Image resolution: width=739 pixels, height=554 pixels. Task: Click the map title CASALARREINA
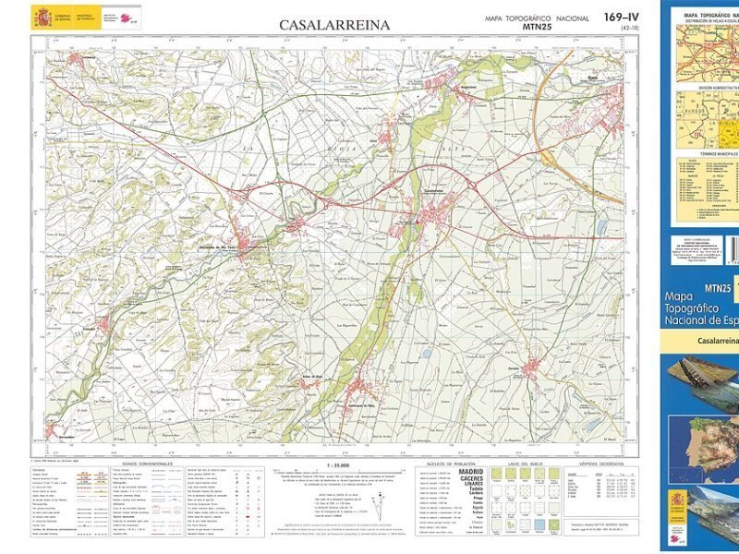334,25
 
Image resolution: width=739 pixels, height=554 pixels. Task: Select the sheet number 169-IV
621,18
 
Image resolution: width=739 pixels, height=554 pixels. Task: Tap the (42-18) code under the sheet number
629,29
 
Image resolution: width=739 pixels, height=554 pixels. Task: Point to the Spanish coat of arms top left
42,18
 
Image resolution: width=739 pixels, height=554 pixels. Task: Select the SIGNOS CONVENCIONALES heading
148,464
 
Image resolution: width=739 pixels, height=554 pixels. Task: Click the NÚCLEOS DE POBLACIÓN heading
449,464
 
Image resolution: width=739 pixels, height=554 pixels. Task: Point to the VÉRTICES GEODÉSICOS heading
600,464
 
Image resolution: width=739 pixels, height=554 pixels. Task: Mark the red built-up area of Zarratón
529,368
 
